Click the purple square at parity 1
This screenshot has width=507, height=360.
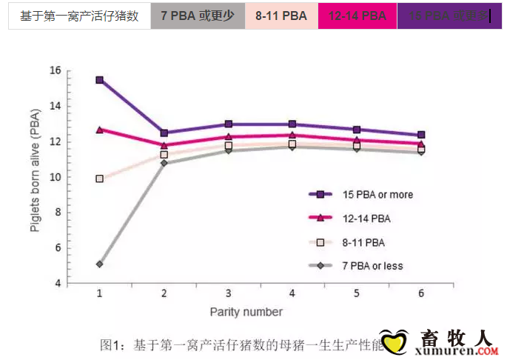click(x=99, y=80)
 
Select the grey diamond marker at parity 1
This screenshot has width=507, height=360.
click(x=99, y=264)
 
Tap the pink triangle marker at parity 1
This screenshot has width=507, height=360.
click(x=99, y=130)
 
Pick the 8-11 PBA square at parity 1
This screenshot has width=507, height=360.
click(x=99, y=179)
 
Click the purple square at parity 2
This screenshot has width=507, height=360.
click(x=164, y=133)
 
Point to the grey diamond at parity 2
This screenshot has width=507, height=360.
click(x=164, y=162)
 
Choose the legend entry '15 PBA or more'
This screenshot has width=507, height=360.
click(x=377, y=195)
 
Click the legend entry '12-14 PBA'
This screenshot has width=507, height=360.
click(x=367, y=219)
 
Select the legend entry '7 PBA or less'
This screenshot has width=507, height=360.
click(x=372, y=265)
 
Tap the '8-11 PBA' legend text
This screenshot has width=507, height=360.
click(x=364, y=242)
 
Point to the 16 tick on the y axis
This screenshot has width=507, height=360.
click(x=54, y=70)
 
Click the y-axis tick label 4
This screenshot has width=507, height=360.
click(x=57, y=284)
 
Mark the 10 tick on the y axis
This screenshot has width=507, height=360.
click(x=54, y=177)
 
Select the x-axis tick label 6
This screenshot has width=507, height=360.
click(x=420, y=294)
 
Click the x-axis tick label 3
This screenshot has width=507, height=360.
click(x=228, y=294)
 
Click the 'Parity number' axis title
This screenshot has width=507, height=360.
click(x=246, y=312)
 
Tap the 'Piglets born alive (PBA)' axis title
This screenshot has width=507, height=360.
click(x=35, y=177)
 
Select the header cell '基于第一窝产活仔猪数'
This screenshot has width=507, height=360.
click(x=79, y=16)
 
